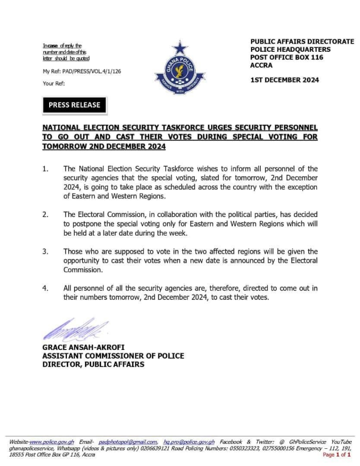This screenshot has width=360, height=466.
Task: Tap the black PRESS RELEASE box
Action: [x=74, y=105]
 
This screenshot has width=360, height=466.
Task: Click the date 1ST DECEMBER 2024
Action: [x=284, y=80]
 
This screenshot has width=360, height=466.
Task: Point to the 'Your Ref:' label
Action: [x=54, y=83]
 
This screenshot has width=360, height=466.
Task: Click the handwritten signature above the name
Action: [x=75, y=329]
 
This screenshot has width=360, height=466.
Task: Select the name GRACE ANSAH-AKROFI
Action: [x=83, y=348]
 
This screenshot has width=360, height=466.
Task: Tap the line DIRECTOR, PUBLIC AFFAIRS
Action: [x=93, y=364]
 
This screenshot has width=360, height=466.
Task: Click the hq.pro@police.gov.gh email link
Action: [x=189, y=442]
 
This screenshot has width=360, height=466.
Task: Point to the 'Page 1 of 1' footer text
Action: [x=337, y=455]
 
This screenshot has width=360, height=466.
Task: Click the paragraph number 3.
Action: [x=46, y=251]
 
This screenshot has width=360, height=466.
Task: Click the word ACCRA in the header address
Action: [x=261, y=65]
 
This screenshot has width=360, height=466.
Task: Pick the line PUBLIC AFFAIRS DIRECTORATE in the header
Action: [x=302, y=41]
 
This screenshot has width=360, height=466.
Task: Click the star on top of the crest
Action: [x=180, y=47]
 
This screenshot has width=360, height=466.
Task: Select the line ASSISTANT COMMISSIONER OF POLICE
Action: [x=113, y=356]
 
